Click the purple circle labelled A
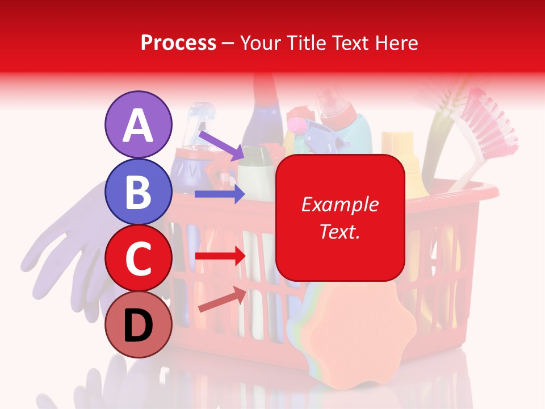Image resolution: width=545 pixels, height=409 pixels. [139, 125]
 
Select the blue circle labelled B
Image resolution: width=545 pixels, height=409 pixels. [139, 192]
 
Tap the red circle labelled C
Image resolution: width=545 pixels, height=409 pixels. [139, 258]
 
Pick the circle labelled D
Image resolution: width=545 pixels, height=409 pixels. [139, 324]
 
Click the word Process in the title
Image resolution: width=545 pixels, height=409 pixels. [178, 43]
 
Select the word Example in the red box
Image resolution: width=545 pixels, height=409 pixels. [339, 204]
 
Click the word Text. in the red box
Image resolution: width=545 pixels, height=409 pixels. [339, 231]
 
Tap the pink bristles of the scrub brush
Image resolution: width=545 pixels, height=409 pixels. [488, 122]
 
